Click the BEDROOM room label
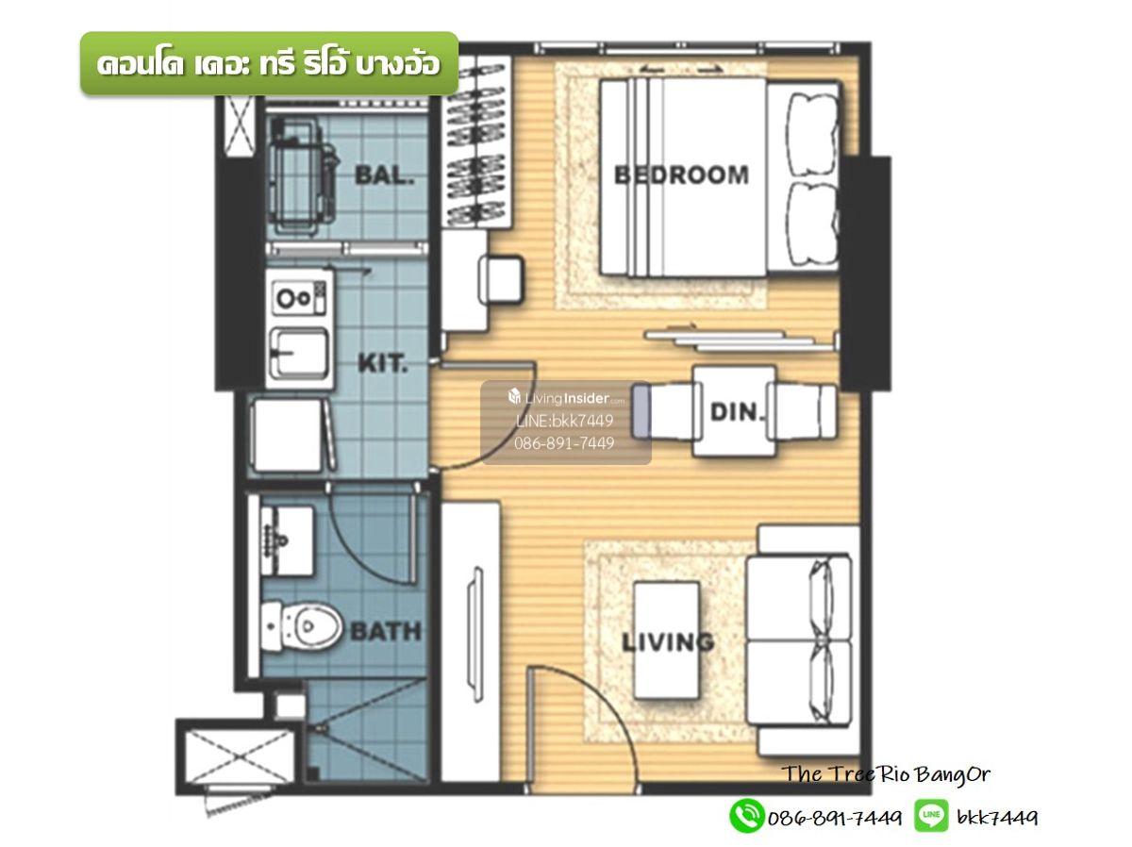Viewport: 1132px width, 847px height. point(681,175)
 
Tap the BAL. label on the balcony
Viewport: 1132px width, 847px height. point(385,175)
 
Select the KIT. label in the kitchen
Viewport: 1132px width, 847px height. point(383,364)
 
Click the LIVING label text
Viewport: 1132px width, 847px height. point(669,642)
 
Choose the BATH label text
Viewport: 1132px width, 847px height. point(386,631)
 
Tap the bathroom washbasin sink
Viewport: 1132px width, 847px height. point(287,540)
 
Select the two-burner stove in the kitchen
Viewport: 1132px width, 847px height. point(299,297)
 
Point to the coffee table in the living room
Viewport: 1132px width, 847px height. point(666,640)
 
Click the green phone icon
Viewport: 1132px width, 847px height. point(746,816)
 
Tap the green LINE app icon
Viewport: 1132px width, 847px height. point(931,816)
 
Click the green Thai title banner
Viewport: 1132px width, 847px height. point(269,63)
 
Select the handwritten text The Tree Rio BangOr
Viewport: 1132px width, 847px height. point(886,774)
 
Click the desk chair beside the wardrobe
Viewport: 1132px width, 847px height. point(500,279)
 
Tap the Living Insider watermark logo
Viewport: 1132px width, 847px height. point(566,397)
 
